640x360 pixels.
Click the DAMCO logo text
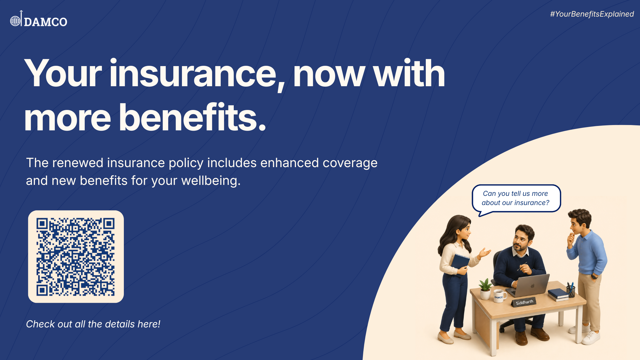[46, 22]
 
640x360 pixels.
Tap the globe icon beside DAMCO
[15, 21]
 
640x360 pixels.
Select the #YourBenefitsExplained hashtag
[592, 14]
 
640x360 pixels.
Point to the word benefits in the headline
[193, 117]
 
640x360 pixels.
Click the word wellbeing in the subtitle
[211, 180]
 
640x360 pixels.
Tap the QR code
[76, 257]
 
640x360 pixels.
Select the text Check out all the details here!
[93, 324]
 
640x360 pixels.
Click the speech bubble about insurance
[516, 199]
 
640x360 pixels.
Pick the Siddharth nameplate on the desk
[524, 302]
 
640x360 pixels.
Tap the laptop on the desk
[529, 285]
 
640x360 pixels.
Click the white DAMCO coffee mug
[500, 296]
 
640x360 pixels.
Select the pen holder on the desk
[571, 290]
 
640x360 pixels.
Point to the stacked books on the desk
[558, 295]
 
